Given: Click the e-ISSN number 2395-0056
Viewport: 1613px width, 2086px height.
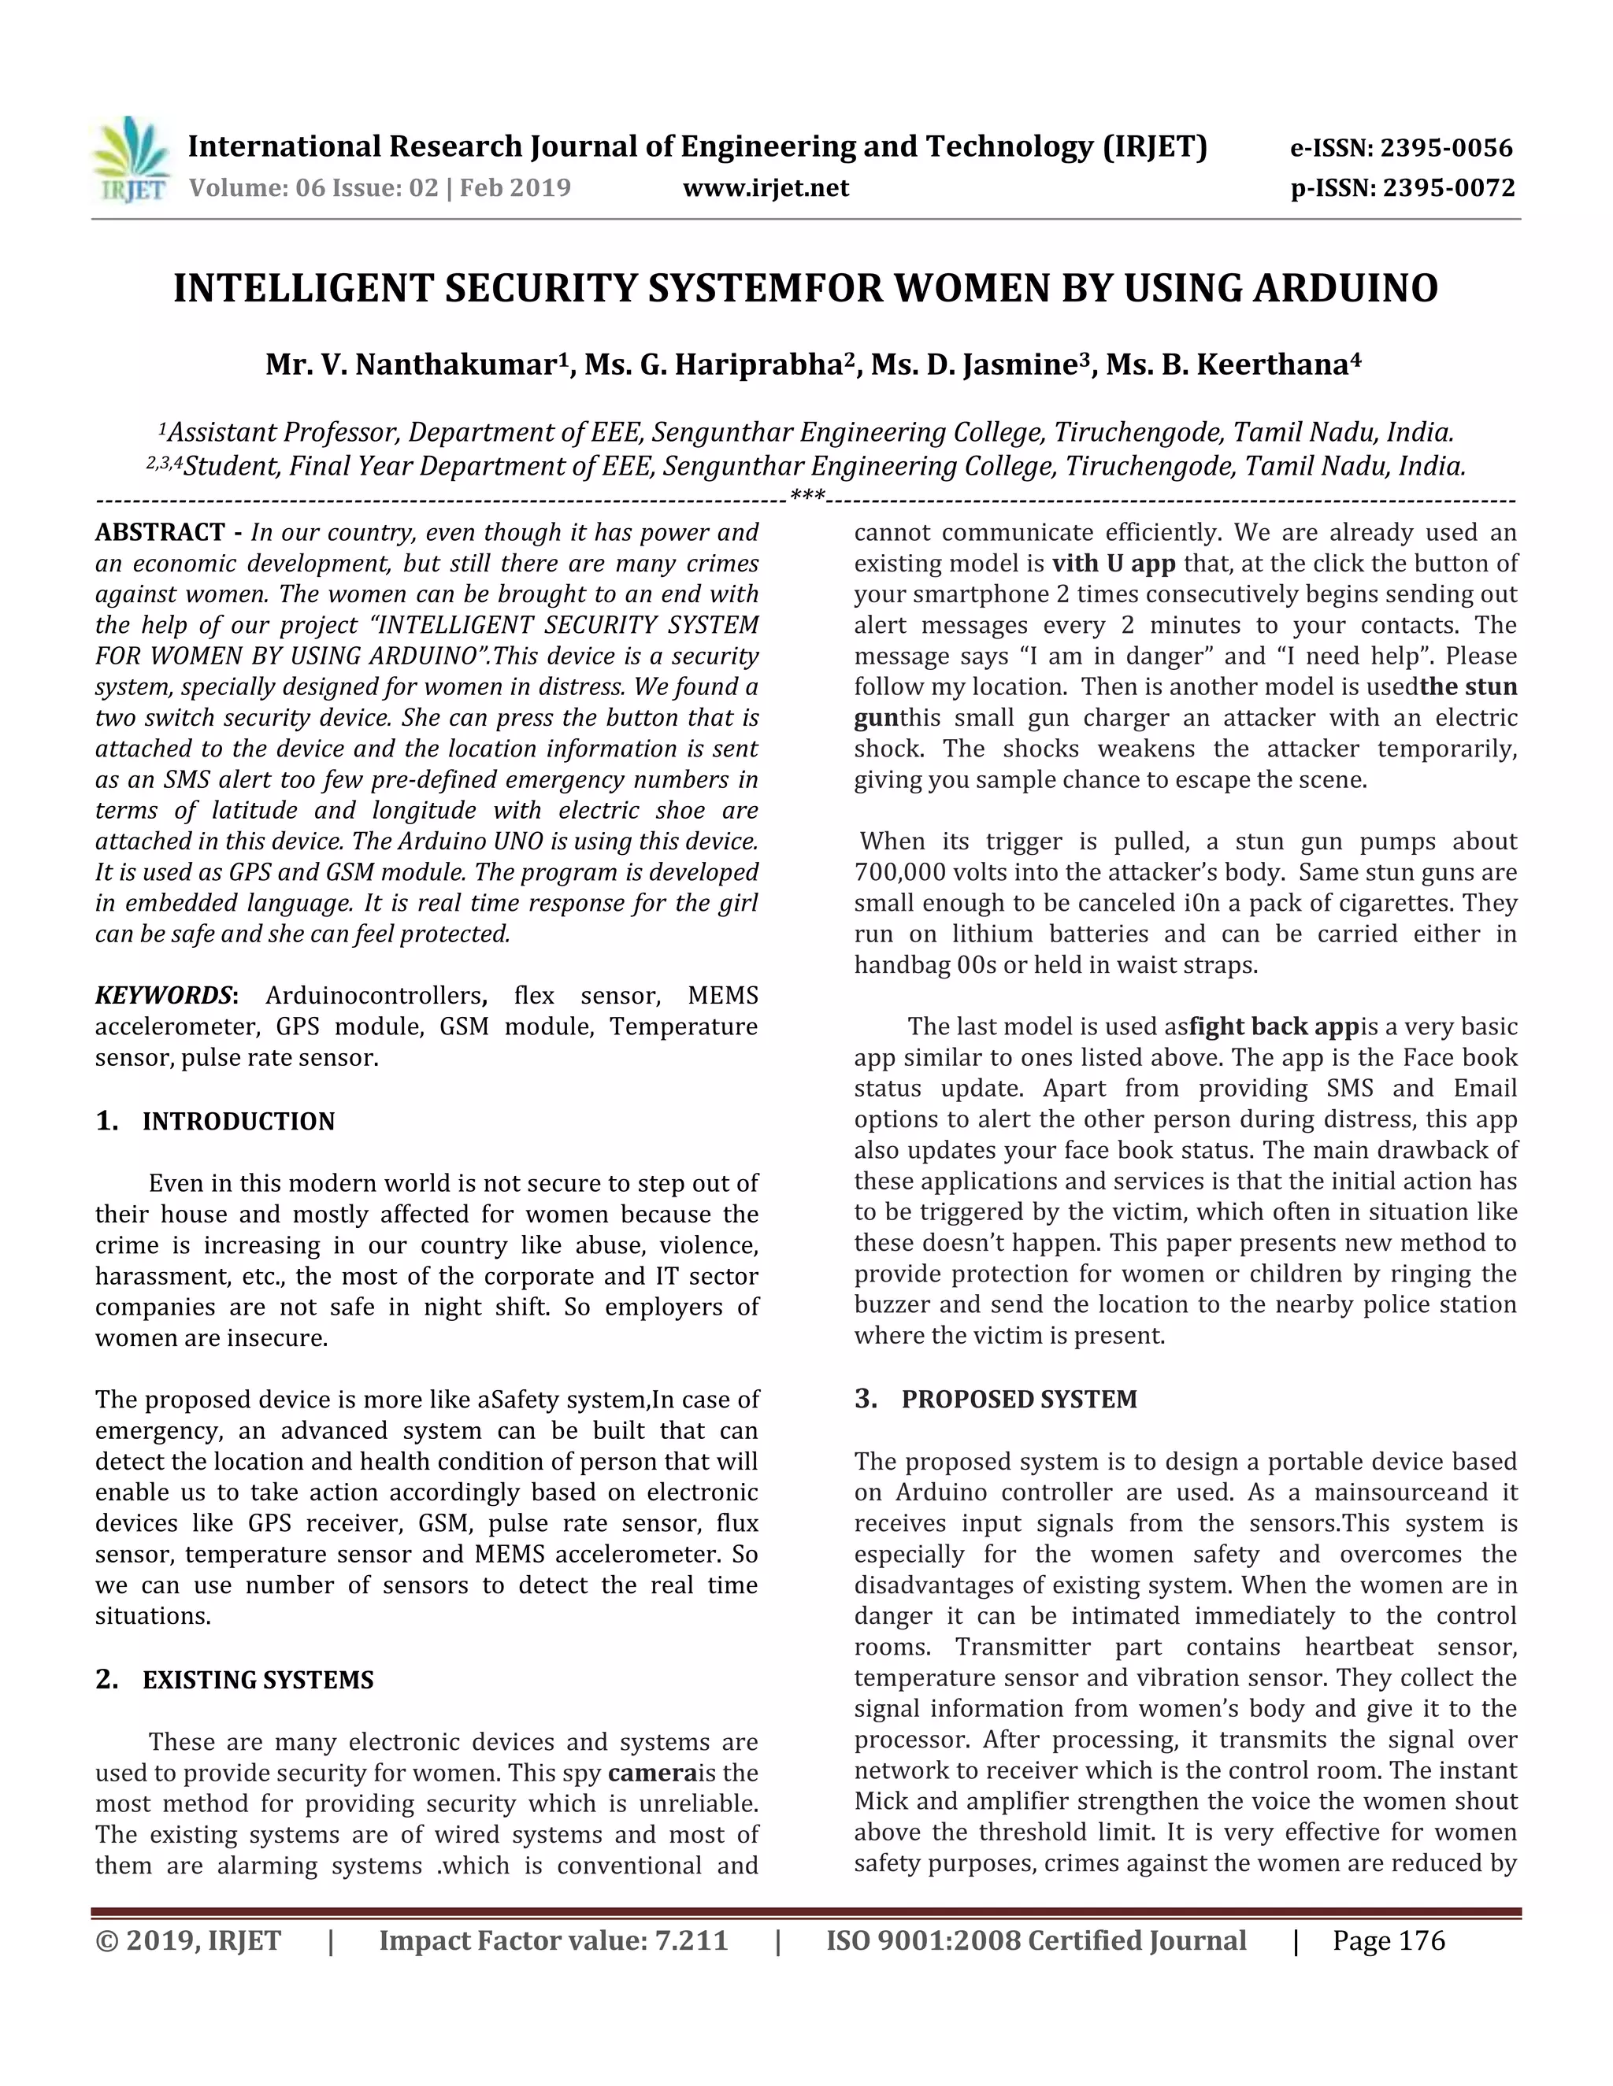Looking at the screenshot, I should coord(1447,148).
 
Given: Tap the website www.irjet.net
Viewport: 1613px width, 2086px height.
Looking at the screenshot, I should coord(766,188).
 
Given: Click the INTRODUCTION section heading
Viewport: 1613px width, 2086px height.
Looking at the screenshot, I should coord(238,1121).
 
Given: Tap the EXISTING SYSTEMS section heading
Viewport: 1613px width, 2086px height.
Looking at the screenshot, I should coord(258,1680).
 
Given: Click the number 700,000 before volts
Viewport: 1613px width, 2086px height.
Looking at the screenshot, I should coord(900,872).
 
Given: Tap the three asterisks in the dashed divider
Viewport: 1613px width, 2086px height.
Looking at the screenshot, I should coord(807,497).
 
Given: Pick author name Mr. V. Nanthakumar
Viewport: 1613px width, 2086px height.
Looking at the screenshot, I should coord(412,365).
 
